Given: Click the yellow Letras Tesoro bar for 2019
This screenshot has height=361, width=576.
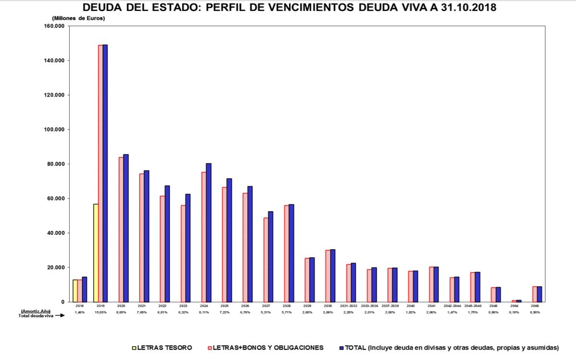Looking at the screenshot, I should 96,253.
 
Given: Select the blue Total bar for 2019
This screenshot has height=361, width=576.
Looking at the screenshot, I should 105,173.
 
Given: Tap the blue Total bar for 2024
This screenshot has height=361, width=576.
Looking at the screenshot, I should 209,233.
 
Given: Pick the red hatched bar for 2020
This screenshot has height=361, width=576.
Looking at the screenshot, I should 121,229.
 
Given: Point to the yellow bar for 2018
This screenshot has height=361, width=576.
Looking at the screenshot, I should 75,291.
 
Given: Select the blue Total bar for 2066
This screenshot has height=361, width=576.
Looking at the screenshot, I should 540,294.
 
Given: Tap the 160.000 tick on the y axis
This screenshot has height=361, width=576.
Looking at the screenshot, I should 55,26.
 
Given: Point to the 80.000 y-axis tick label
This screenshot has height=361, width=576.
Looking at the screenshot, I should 56,164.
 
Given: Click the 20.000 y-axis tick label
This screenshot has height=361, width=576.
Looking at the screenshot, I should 56,267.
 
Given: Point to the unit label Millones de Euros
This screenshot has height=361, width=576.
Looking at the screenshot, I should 78,18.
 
